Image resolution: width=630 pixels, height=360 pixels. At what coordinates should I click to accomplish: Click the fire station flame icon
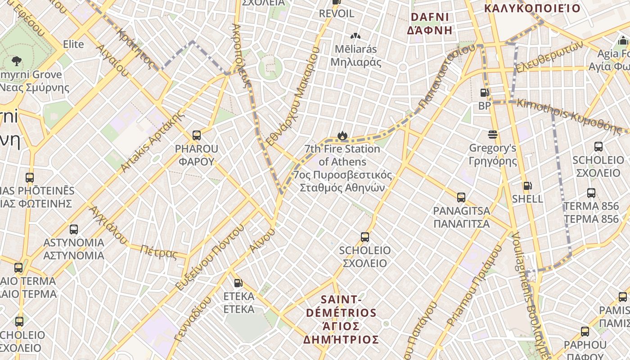click(x=342, y=135)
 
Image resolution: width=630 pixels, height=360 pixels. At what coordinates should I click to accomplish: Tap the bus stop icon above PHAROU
click(x=196, y=135)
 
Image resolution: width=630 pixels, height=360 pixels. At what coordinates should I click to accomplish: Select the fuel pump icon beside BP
click(x=484, y=93)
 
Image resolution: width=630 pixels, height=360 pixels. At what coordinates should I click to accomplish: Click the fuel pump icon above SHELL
click(x=527, y=185)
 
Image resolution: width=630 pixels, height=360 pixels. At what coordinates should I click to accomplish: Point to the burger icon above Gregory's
click(x=492, y=135)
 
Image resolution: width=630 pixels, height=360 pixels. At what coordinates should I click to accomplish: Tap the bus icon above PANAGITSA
click(x=461, y=197)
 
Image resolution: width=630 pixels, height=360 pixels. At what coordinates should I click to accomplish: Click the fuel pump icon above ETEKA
click(x=238, y=283)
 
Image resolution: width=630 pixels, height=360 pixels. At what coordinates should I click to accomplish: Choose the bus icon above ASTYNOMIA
click(x=74, y=229)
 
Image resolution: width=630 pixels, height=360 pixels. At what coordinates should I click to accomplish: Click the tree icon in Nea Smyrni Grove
click(x=17, y=61)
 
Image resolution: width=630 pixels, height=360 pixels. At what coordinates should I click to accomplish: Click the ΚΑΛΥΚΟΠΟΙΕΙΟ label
click(x=532, y=8)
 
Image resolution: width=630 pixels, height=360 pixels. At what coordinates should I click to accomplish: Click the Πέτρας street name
click(x=158, y=252)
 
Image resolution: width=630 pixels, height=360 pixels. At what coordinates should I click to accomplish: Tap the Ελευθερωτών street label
click(x=549, y=57)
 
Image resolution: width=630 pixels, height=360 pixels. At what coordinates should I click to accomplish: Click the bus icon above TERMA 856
click(x=591, y=193)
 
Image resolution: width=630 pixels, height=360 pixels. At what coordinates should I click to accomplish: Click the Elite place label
click(x=73, y=44)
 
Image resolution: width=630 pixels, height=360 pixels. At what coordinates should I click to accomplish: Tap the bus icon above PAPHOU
click(x=585, y=332)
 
